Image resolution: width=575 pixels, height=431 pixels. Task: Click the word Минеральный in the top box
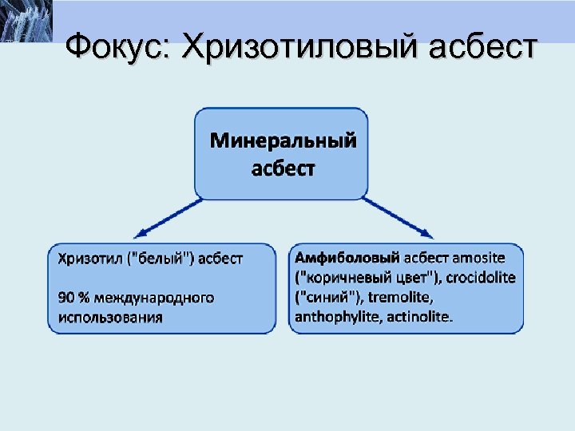[x=283, y=141]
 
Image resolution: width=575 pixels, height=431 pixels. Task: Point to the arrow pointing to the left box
[x=168, y=216]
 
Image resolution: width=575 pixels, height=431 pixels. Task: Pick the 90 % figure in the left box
[x=73, y=298]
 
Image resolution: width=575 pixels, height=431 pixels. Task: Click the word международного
[x=153, y=298]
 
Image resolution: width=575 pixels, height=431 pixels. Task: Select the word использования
[x=110, y=317]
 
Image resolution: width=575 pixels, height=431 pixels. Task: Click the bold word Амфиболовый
[x=347, y=258]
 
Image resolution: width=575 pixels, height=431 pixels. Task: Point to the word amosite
[x=478, y=258]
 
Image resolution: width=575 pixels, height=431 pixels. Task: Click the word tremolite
[x=402, y=298]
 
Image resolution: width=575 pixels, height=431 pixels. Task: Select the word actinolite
[x=420, y=317]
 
